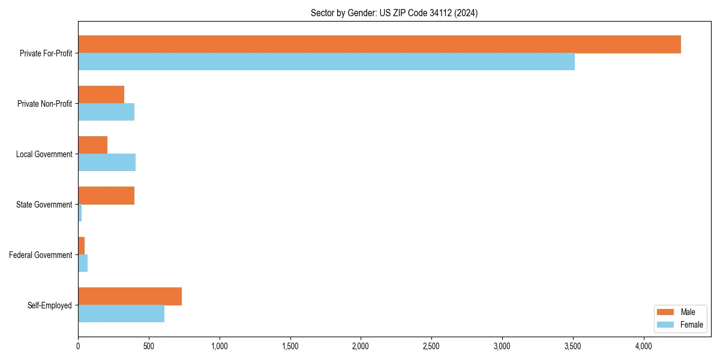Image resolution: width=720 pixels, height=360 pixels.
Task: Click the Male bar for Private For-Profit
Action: click(x=379, y=44)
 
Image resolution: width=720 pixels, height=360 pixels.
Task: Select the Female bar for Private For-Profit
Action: click(x=326, y=62)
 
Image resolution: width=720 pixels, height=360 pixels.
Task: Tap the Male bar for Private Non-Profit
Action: click(x=101, y=95)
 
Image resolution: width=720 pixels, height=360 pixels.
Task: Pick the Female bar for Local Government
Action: click(x=107, y=163)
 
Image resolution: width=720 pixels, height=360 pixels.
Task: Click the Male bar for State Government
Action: click(x=106, y=196)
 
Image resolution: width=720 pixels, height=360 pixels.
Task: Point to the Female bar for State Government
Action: click(x=80, y=213)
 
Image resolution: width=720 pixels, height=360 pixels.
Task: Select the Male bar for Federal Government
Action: click(x=82, y=246)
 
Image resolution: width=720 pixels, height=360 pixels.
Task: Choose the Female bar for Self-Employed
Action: click(x=121, y=314)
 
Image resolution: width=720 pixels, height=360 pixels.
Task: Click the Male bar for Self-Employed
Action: click(x=130, y=296)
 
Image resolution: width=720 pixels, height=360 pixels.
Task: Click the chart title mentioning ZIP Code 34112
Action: click(x=394, y=13)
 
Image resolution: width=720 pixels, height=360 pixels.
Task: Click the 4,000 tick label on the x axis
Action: click(x=643, y=346)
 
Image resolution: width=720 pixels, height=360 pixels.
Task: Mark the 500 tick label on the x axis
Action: click(x=149, y=346)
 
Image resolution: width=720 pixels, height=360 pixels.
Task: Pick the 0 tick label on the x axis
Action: click(x=78, y=346)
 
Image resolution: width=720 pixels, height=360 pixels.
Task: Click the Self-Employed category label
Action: click(x=50, y=305)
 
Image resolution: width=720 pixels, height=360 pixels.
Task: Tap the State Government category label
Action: click(x=44, y=205)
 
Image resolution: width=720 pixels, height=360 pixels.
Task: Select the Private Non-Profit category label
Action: click(x=44, y=104)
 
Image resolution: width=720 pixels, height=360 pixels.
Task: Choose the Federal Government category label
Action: click(x=41, y=255)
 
